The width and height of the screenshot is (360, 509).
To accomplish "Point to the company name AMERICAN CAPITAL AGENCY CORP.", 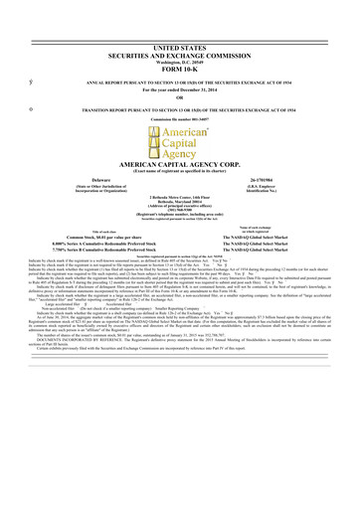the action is (x=180, y=191).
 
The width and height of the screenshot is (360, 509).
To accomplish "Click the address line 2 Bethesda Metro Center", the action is (x=180, y=227).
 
